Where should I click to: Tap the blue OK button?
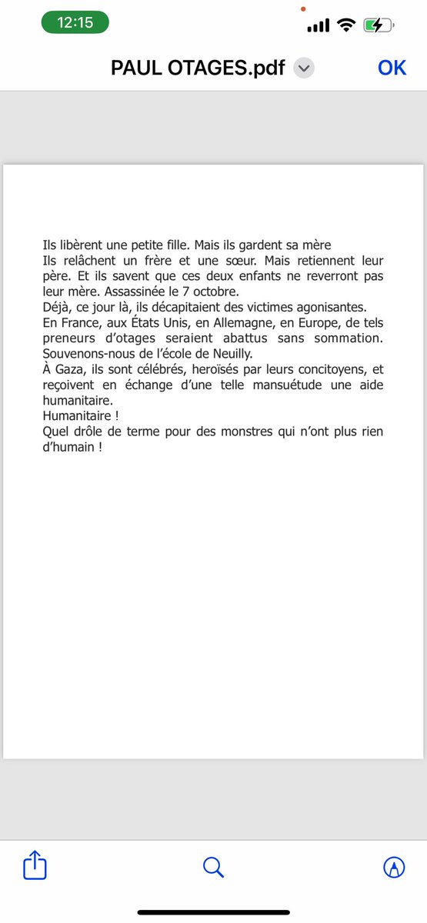(x=392, y=68)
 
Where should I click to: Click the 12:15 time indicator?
(x=75, y=22)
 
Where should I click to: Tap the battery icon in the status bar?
(x=379, y=25)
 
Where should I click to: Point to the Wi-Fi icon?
(x=346, y=25)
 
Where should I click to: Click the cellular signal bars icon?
(x=318, y=25)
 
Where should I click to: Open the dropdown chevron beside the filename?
(x=304, y=68)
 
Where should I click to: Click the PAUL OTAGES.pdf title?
(x=198, y=68)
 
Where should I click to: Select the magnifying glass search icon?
(x=213, y=868)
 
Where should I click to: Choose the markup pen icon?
(x=394, y=868)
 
